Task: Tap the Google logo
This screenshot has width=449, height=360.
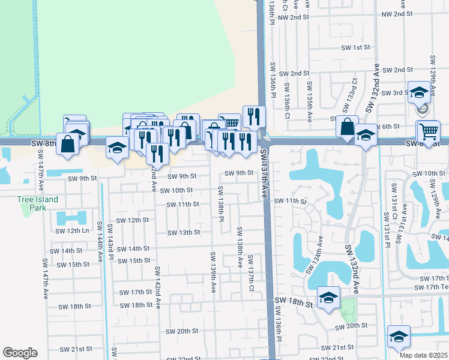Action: [x=20, y=353]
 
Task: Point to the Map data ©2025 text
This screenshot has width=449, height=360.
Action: [x=424, y=355]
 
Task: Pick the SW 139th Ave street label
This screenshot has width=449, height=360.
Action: [x=212, y=272]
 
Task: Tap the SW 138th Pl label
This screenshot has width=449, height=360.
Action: [x=221, y=203]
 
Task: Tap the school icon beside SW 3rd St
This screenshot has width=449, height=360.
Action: [x=419, y=93]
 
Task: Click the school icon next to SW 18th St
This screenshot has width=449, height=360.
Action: [x=329, y=298]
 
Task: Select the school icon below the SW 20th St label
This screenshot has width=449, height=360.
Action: [x=398, y=337]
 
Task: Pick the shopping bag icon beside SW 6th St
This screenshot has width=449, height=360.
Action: [x=348, y=127]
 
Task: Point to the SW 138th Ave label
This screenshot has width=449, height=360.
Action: [x=240, y=247]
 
